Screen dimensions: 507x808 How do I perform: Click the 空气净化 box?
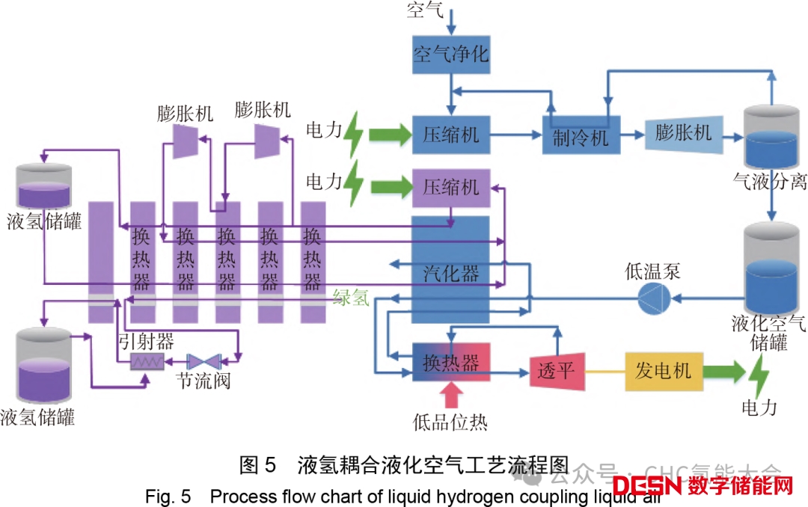[x=450, y=55]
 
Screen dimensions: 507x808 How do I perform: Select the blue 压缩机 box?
[x=450, y=135]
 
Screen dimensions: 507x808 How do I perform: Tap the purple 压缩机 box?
[x=450, y=187]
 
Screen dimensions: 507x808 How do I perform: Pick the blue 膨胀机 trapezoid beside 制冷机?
[x=683, y=134]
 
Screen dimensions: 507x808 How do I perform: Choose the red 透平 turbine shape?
[x=556, y=369]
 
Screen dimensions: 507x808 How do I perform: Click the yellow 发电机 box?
[x=664, y=370]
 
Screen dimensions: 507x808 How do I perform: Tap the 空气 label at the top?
[x=425, y=10]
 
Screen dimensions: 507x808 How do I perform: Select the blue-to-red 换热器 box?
[x=450, y=362]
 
